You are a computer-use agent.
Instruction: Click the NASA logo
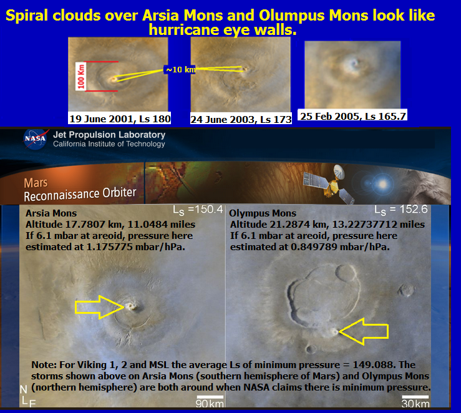(35, 139)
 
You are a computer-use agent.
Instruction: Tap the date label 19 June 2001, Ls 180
(120, 119)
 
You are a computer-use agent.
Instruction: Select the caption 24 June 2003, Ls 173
(241, 119)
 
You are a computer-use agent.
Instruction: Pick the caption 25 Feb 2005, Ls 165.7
(353, 116)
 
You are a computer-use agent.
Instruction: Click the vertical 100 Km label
(81, 77)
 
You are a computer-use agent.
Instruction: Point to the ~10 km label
(180, 70)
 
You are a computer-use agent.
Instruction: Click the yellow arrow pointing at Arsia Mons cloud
(100, 307)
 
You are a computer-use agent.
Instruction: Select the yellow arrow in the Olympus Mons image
(364, 331)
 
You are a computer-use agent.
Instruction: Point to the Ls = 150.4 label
(198, 210)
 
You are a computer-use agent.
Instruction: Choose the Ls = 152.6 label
(401, 210)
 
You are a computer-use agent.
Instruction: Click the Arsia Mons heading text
(51, 213)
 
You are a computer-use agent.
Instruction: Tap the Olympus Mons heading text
(263, 213)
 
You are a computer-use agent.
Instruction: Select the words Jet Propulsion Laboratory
(109, 135)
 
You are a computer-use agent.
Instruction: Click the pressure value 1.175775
(109, 247)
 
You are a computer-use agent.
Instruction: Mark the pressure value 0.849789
(314, 247)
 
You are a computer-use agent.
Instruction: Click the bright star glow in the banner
(382, 184)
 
